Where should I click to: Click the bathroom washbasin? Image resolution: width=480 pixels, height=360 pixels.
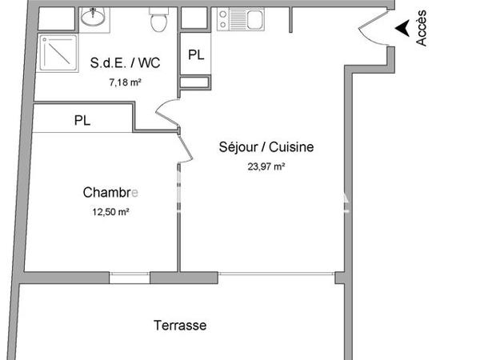pos(96,15)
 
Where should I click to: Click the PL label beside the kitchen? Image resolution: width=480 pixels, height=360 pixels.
pos(195,55)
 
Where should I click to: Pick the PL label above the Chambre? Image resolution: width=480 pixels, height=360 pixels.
pos(82,121)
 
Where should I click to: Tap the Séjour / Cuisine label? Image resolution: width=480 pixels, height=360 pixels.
pos(266,147)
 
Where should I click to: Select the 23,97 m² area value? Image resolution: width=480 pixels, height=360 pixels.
pos(266,166)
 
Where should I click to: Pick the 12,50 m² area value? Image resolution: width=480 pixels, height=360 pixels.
pos(111,212)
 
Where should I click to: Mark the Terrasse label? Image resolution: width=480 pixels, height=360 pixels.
pos(179,326)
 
